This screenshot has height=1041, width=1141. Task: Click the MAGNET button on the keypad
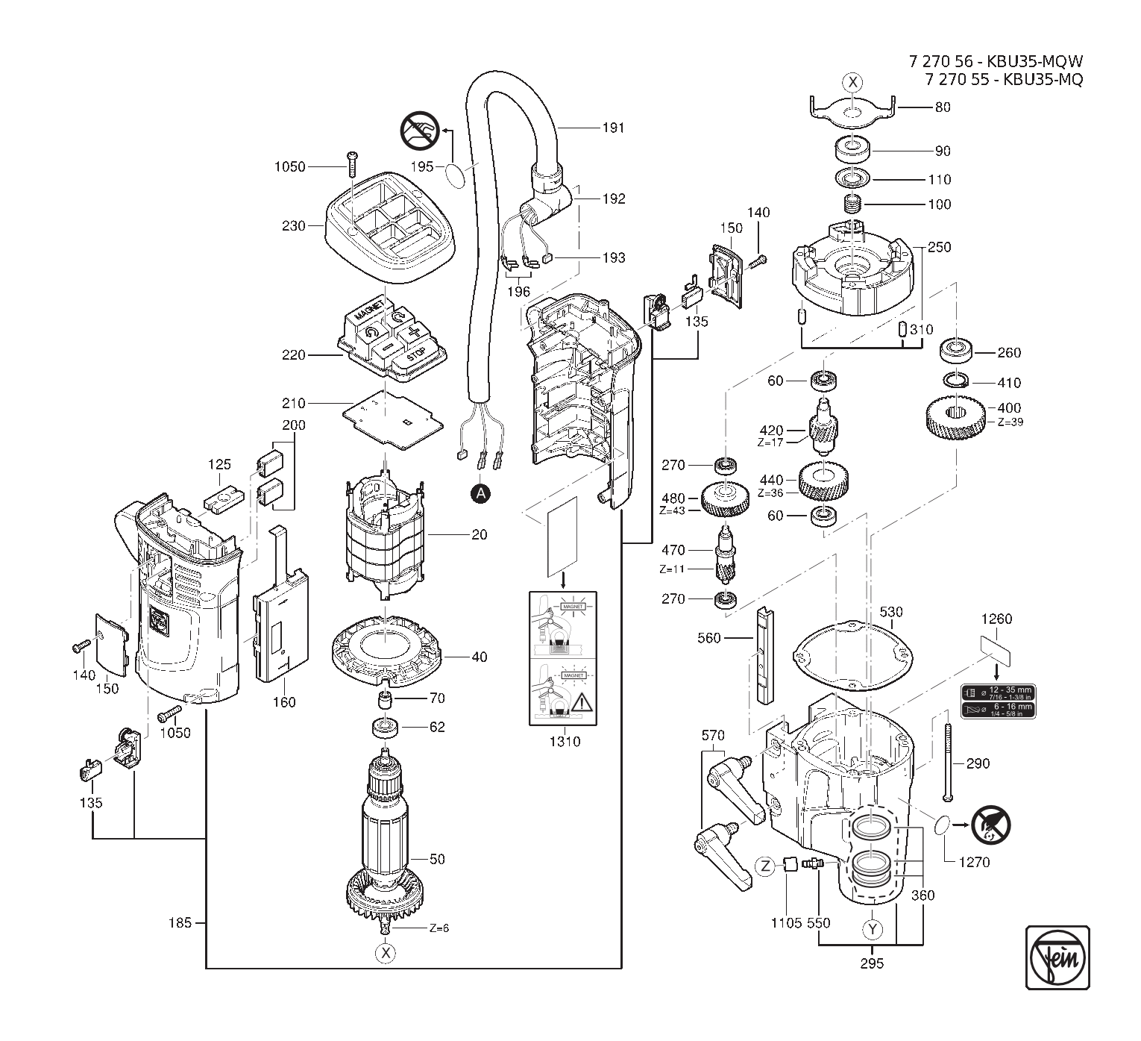coord(371,311)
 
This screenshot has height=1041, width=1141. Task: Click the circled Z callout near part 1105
coord(766,866)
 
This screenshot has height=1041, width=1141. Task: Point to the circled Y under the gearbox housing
coord(872,930)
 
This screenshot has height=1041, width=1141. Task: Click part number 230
coord(294,225)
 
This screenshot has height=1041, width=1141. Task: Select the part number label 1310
coord(565,741)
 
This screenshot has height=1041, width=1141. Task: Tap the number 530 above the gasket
coord(890,612)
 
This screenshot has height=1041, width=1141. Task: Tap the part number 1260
coord(996,619)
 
